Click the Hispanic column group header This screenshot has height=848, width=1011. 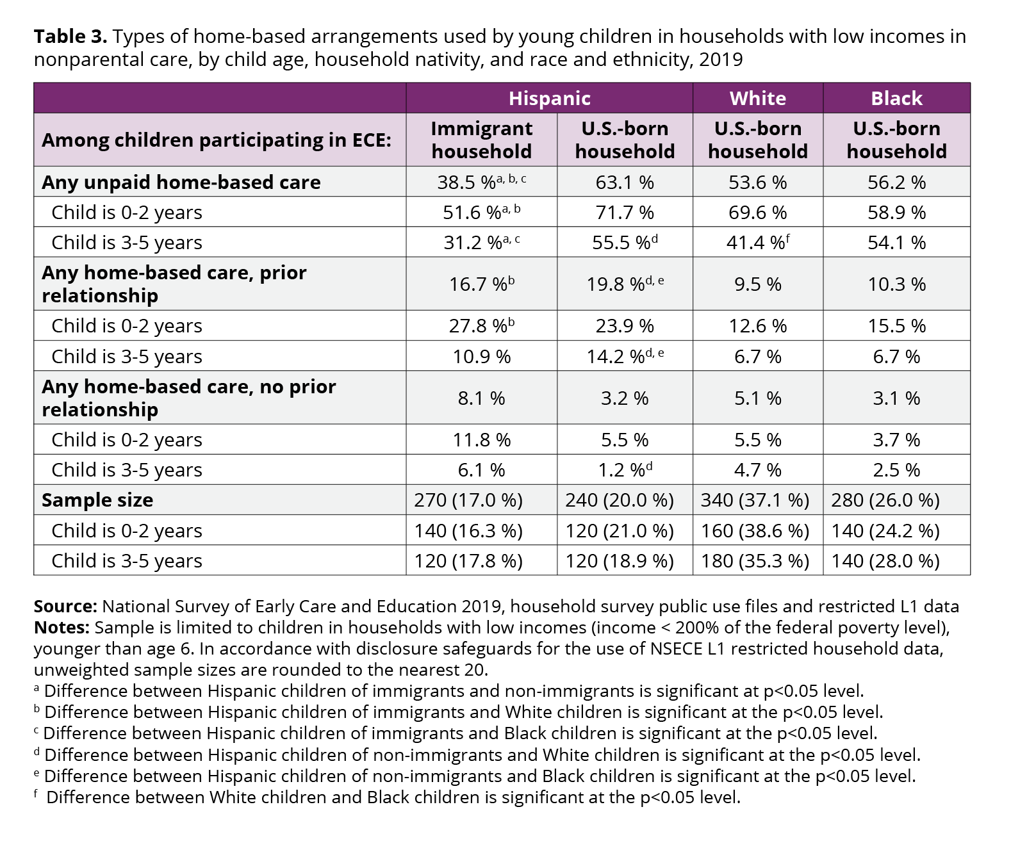click(549, 98)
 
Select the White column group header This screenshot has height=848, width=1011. click(758, 98)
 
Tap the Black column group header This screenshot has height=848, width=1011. click(896, 98)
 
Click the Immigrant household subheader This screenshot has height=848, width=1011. click(481, 140)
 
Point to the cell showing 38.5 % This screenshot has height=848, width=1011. click(481, 181)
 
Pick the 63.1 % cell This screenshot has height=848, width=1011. click(625, 183)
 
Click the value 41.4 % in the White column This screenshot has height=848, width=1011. click(758, 242)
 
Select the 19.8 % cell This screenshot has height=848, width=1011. click(625, 284)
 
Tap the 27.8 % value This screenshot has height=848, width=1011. click(481, 325)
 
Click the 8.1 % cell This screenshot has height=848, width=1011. click(481, 398)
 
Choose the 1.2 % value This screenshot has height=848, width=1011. click(625, 469)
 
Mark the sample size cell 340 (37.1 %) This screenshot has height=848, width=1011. click(755, 500)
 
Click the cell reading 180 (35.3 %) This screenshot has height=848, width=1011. click(755, 560)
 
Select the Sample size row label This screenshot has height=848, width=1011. click(97, 500)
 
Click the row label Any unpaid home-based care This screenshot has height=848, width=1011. click(181, 183)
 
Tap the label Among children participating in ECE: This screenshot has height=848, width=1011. click(217, 140)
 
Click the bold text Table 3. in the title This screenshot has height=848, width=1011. click(70, 37)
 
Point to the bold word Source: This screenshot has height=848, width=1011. click(66, 606)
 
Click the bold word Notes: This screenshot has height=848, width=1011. click(62, 627)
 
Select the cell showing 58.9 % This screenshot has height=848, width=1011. click(896, 213)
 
